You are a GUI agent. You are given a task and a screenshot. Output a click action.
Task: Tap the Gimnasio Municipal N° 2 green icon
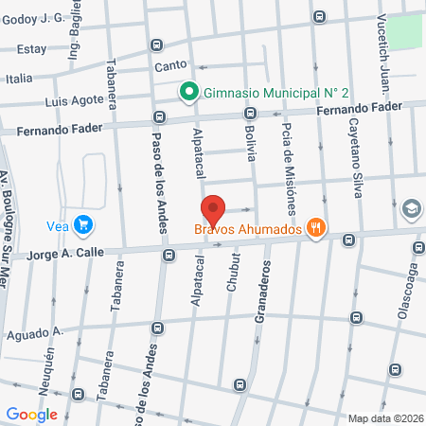(188, 92)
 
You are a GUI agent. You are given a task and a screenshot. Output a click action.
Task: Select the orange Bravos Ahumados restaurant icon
(317, 228)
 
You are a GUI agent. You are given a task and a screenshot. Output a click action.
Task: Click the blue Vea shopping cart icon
(84, 224)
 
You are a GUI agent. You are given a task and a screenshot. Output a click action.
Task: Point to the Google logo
(31, 415)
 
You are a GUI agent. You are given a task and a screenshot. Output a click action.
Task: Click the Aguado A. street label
(34, 332)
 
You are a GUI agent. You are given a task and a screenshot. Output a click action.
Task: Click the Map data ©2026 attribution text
(384, 418)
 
